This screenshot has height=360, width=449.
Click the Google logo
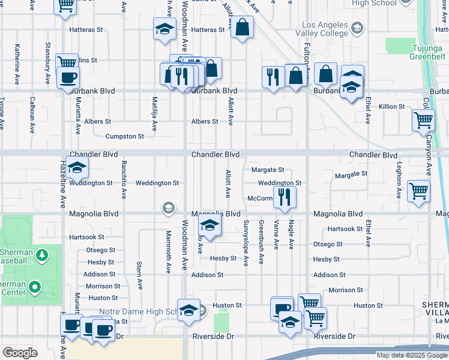point(20,353)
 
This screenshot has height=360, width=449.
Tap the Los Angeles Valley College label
point(322,29)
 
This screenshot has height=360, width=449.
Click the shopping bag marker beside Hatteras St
point(241,28)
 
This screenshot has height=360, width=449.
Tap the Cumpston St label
point(125,136)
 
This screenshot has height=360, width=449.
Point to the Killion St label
point(392,106)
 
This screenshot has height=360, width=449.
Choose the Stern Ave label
point(139,275)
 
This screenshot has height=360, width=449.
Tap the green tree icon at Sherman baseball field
point(41,256)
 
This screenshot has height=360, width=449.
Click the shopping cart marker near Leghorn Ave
point(418,193)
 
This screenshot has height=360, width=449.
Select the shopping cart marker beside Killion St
point(423,120)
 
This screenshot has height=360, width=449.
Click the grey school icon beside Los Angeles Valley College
point(357,28)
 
